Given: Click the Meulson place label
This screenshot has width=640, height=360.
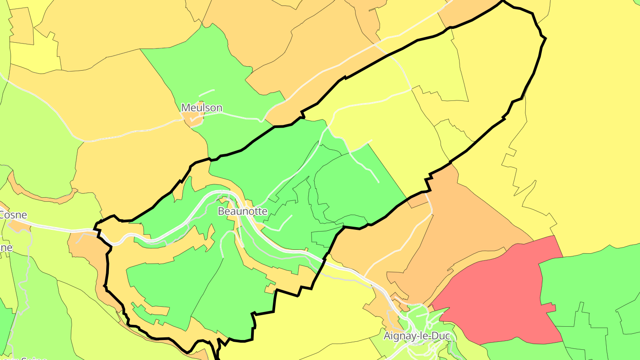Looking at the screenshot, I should pyautogui.click(x=201, y=108).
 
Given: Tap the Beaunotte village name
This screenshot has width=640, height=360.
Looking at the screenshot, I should pyautogui.click(x=242, y=211).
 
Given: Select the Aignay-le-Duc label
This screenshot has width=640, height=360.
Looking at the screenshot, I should pyautogui.click(x=416, y=336).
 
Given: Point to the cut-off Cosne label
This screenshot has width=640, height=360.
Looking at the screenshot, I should pyautogui.click(x=13, y=215).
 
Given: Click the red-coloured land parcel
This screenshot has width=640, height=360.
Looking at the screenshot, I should pyautogui.click(x=498, y=293).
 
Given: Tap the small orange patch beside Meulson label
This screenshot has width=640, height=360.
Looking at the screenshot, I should pyautogui.click(x=194, y=118).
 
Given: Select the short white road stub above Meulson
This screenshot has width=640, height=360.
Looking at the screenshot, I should pyautogui.click(x=206, y=92).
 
